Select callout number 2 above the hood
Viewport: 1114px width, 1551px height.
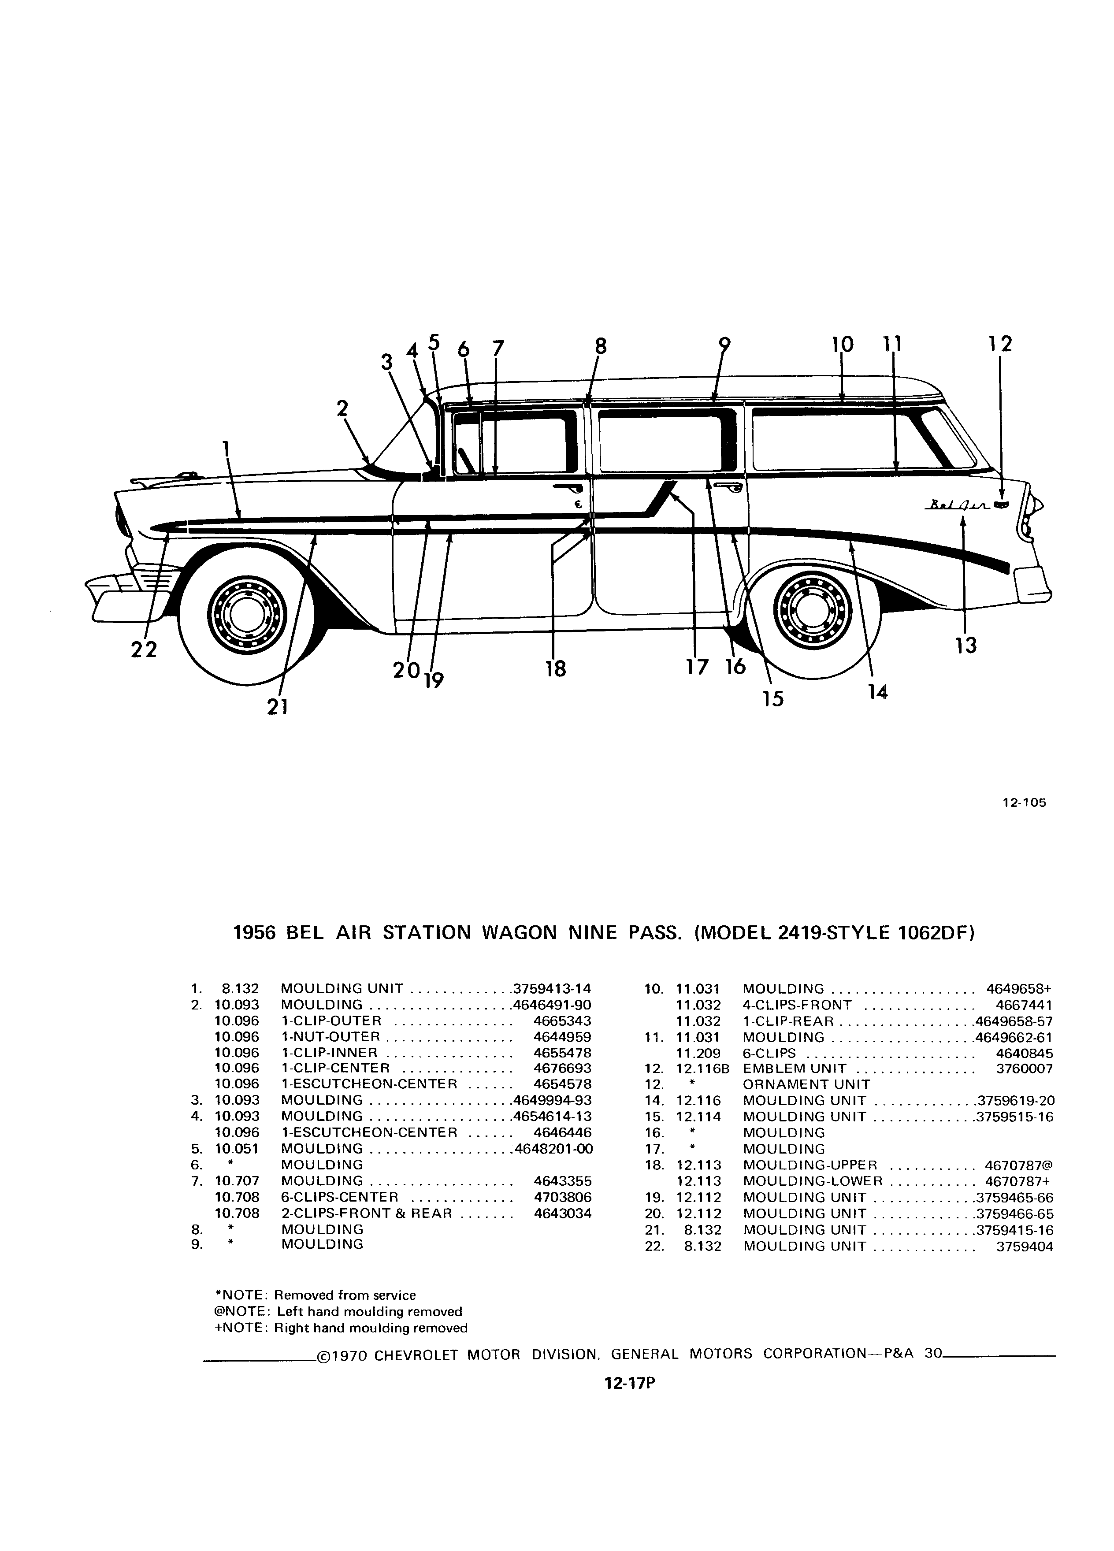coord(342,408)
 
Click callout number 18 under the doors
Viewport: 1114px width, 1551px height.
coord(556,668)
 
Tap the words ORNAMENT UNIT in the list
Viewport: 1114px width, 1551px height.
coord(806,1085)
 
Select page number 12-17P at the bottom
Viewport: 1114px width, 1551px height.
coord(630,1384)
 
